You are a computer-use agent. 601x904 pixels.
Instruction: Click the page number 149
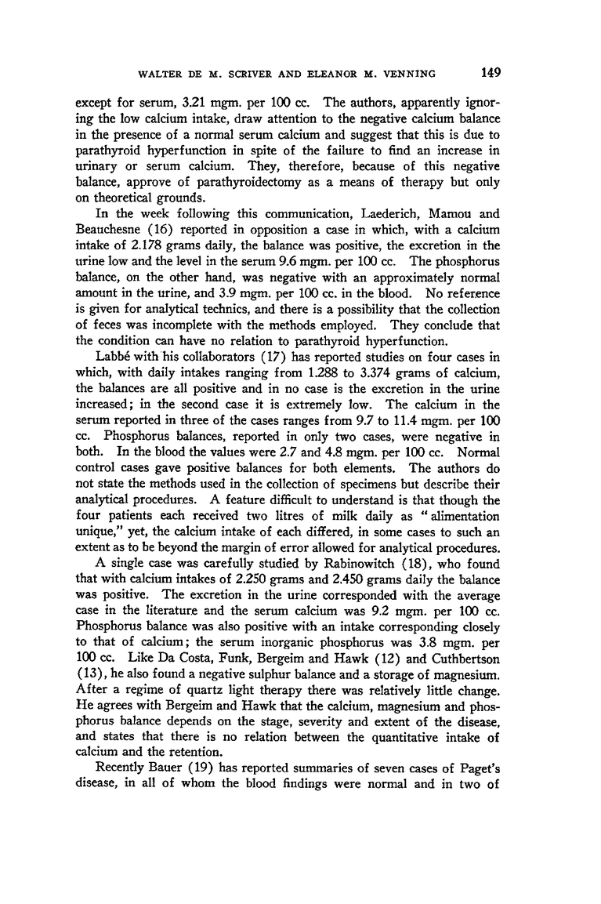coord(491,74)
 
